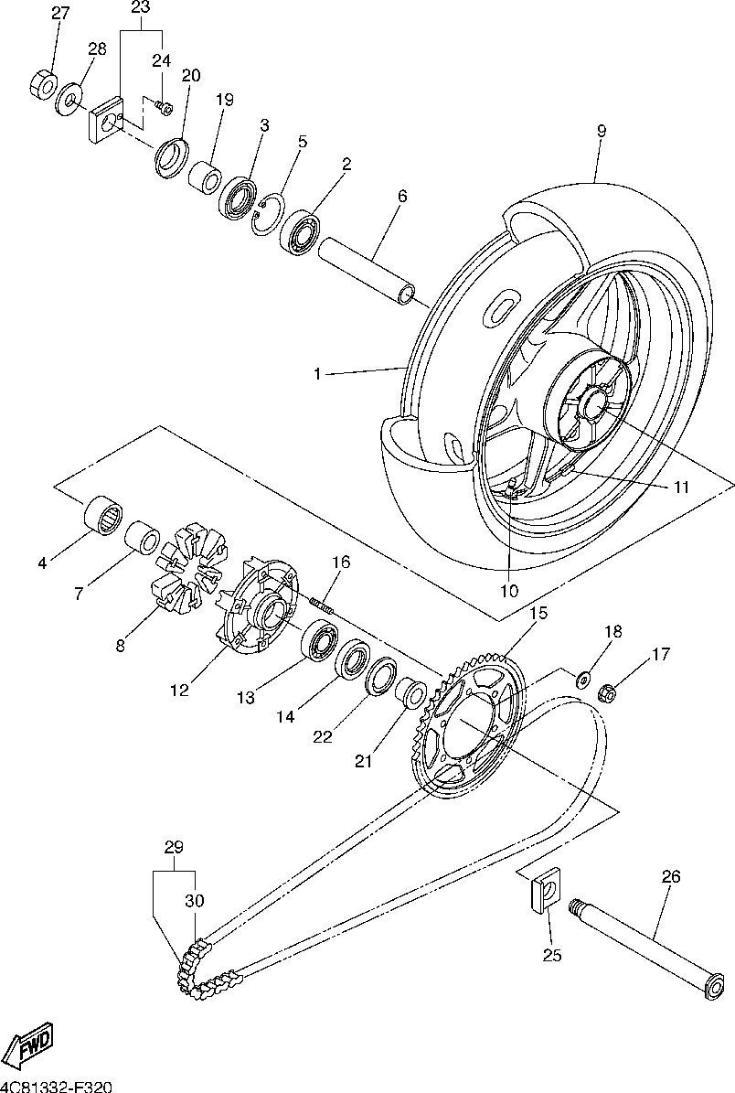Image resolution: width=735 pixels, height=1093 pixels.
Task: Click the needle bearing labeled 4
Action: pyautogui.click(x=103, y=517)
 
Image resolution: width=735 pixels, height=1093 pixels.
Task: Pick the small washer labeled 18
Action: pyautogui.click(x=582, y=676)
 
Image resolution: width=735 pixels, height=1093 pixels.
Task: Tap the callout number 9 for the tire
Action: pyautogui.click(x=602, y=131)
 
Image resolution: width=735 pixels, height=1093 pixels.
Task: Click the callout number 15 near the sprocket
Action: pyautogui.click(x=538, y=614)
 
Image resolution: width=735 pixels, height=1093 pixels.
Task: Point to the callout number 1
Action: pyautogui.click(x=317, y=374)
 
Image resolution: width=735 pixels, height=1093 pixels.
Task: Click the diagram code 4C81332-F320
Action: pyautogui.click(x=57, y=1087)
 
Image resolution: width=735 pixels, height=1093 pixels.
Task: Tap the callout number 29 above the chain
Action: pyautogui.click(x=174, y=848)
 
